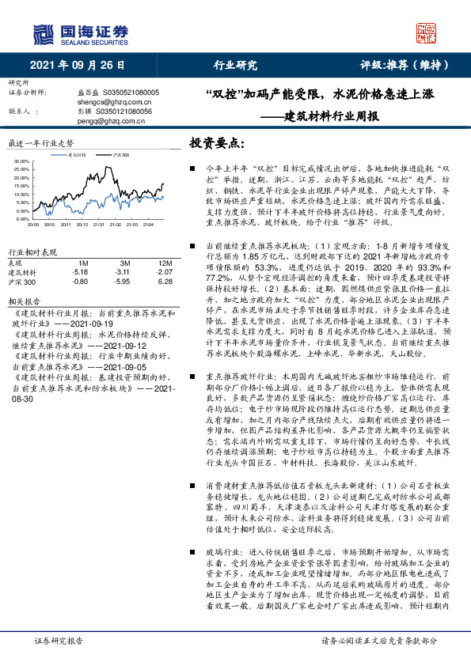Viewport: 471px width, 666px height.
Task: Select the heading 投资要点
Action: pyautogui.click(x=215, y=143)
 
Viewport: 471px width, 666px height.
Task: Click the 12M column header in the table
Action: pyautogui.click(x=165, y=262)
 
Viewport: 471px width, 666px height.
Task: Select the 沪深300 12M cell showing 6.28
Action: pyautogui.click(x=165, y=281)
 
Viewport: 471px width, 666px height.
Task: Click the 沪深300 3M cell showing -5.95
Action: pyautogui.click(x=123, y=281)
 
